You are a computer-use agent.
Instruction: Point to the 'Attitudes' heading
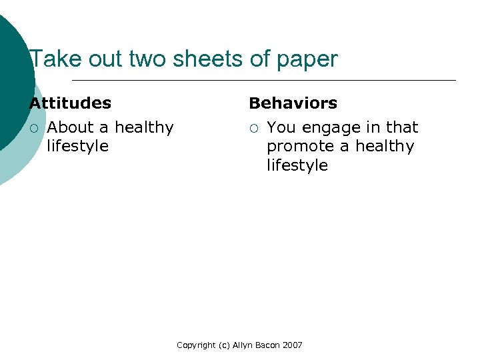[x=70, y=103]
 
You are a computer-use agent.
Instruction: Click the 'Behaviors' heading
[x=293, y=103]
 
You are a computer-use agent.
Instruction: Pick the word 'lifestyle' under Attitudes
[x=77, y=146]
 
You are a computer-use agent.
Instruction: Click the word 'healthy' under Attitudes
[x=144, y=127]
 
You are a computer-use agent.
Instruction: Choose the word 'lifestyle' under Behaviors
[x=297, y=165]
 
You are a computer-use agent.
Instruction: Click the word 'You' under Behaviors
[x=281, y=127]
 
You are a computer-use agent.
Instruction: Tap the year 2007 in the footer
[x=292, y=345]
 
